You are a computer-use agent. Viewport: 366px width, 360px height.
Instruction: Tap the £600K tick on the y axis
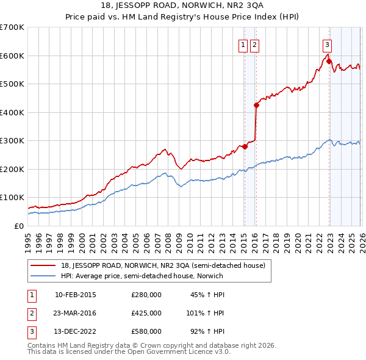coord(12,56)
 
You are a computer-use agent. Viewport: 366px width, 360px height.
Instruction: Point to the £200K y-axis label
coord(12,169)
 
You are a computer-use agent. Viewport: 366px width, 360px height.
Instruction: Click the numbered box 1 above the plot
coord(243,44)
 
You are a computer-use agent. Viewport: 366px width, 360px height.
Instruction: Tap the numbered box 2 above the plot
coord(254,44)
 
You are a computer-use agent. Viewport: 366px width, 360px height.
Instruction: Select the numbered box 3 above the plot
coord(328,44)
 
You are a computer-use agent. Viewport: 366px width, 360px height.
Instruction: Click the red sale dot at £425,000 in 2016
coord(256,105)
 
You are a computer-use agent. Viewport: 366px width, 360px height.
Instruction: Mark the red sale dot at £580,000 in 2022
coord(329,61)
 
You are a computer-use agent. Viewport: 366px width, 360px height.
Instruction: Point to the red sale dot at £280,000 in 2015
coord(244,146)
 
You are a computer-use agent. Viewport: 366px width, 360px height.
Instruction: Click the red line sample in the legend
coord(43,265)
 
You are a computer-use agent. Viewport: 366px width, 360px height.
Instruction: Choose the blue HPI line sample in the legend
coord(43,276)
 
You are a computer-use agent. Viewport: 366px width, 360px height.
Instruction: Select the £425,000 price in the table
coord(146,313)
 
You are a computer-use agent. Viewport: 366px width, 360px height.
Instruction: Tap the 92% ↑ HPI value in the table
coord(207,331)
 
